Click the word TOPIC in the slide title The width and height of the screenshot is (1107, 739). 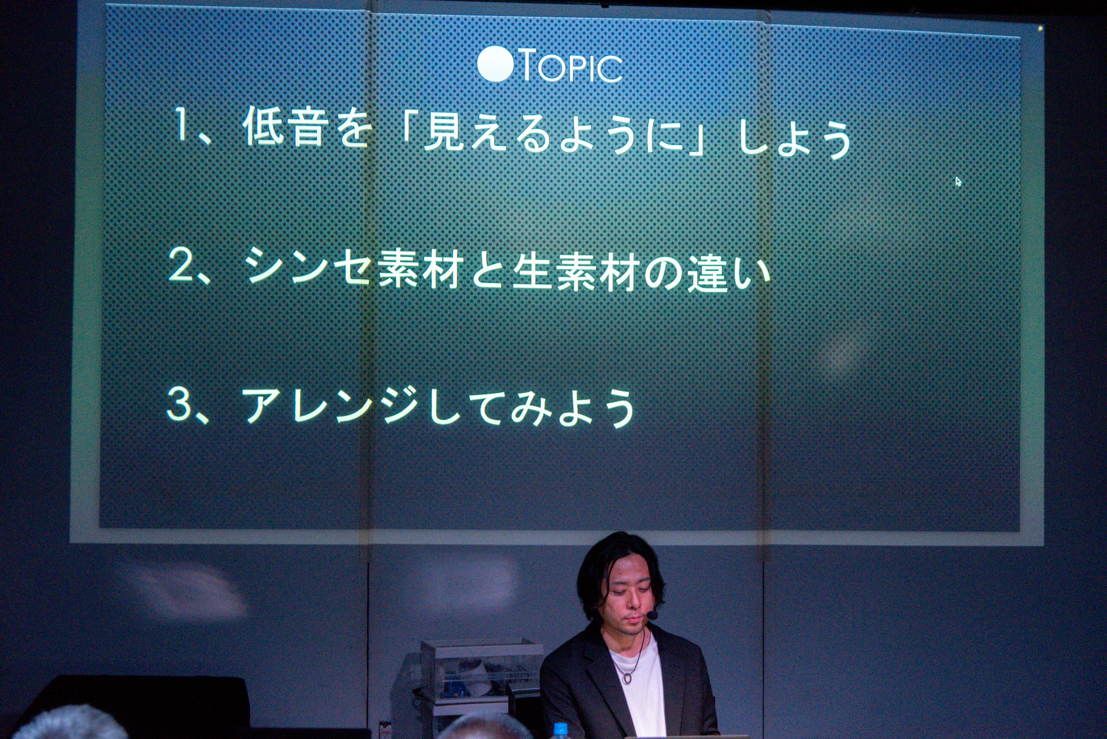point(572,66)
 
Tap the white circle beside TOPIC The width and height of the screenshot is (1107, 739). point(496,64)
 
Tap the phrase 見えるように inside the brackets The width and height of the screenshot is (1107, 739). point(552,135)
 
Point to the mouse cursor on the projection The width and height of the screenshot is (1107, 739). point(958,182)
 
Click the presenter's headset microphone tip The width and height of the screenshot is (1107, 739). point(652,615)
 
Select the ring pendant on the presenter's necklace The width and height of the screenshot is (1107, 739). point(627,677)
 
